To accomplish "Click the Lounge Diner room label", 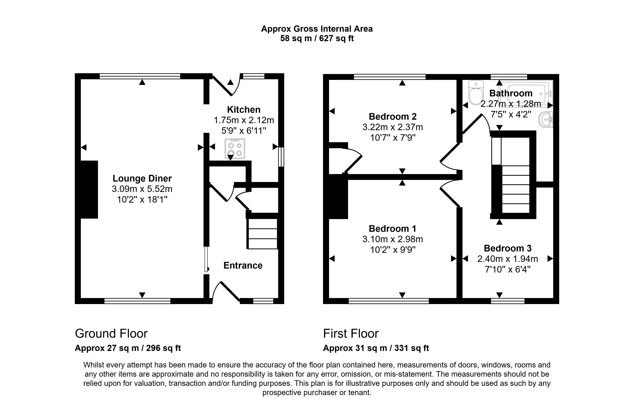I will pyautogui.click(x=142, y=178).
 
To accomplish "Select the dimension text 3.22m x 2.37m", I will pyautogui.click(x=392, y=127).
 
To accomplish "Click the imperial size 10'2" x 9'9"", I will pyautogui.click(x=392, y=250).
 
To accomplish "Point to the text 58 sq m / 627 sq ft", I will pyautogui.click(x=317, y=39).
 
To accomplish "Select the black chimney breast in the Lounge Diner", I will pyautogui.click(x=89, y=189).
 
